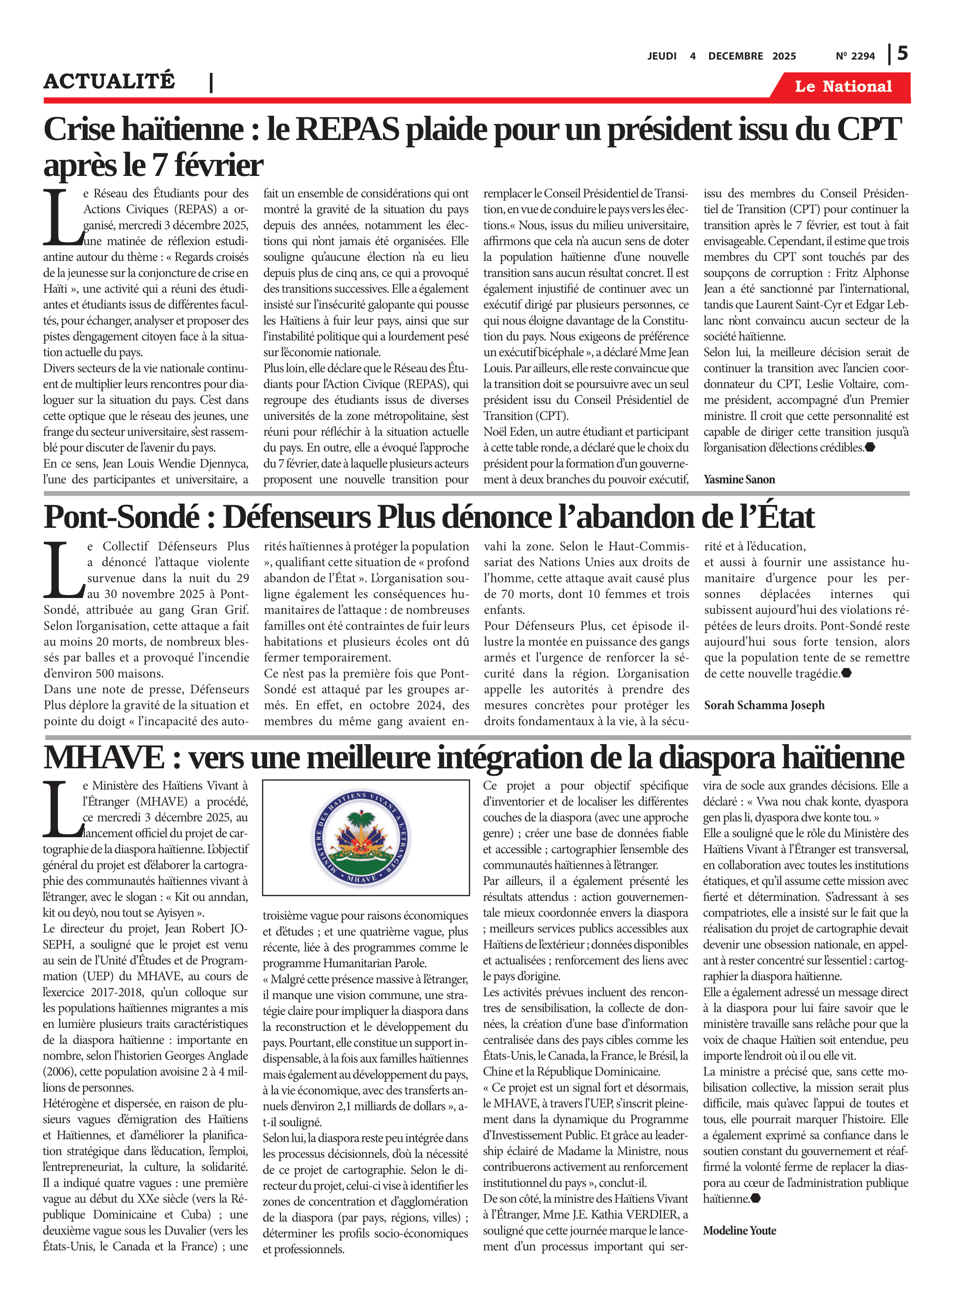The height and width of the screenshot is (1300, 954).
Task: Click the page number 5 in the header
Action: pos(902,54)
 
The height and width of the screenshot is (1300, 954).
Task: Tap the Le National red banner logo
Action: pos(843,87)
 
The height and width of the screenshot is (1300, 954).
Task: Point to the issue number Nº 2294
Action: pos(855,56)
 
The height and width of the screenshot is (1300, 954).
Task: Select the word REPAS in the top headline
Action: pos(347,129)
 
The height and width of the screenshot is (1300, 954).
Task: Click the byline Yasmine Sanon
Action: pos(738,480)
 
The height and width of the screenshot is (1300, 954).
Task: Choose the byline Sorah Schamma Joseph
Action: pos(764,705)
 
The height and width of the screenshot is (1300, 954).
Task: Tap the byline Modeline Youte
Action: pos(739,1230)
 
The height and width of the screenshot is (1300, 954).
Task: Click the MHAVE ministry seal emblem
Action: pos(362,837)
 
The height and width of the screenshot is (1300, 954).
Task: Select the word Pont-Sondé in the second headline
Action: pos(122,517)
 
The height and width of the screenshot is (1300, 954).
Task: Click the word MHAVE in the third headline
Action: pos(105,757)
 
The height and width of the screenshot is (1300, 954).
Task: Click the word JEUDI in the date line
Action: pos(662,56)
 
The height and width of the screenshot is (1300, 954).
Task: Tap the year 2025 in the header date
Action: pos(784,56)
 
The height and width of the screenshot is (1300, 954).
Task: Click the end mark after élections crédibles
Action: pos(870,447)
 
